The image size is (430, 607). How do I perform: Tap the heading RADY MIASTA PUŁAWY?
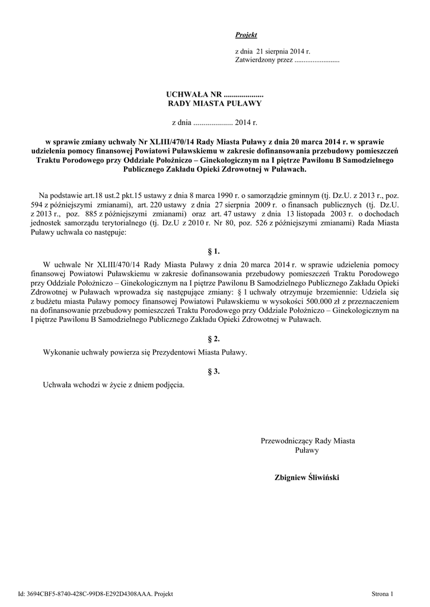point(215,103)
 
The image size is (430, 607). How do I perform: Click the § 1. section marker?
point(215,251)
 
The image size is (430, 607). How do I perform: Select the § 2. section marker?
point(215,339)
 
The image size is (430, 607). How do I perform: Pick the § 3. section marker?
point(215,372)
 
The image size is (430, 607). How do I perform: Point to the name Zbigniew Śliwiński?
point(307,477)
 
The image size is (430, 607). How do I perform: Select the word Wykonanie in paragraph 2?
point(62,352)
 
